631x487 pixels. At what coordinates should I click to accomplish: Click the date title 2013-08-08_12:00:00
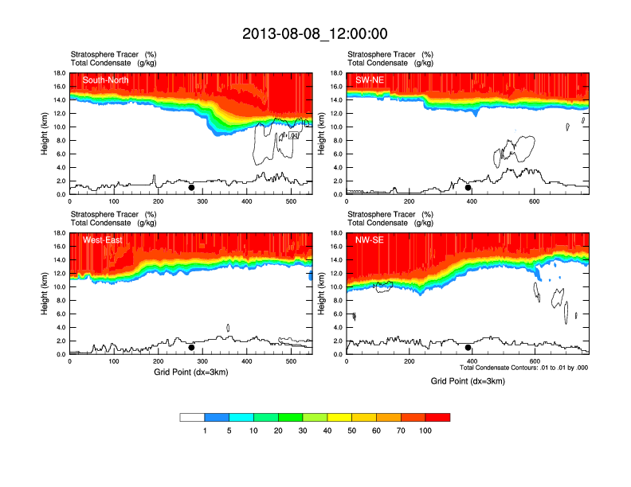[315, 33]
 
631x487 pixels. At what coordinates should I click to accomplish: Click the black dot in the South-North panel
[191, 188]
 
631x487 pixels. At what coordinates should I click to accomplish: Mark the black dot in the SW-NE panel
[468, 188]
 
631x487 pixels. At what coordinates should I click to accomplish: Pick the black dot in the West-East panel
[191, 348]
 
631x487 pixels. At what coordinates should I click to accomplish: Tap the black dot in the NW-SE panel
[468, 348]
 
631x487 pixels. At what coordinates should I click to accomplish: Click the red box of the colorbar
[437, 417]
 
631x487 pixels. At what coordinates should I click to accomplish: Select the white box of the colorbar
[192, 417]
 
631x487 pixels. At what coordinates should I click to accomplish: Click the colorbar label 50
[352, 431]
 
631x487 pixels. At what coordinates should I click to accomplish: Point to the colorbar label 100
[426, 431]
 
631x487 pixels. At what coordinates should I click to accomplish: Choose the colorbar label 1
[205, 431]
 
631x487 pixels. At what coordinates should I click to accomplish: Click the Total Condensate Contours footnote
[523, 368]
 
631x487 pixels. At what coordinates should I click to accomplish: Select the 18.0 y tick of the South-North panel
[58, 73]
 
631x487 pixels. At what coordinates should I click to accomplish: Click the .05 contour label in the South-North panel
[293, 136]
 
